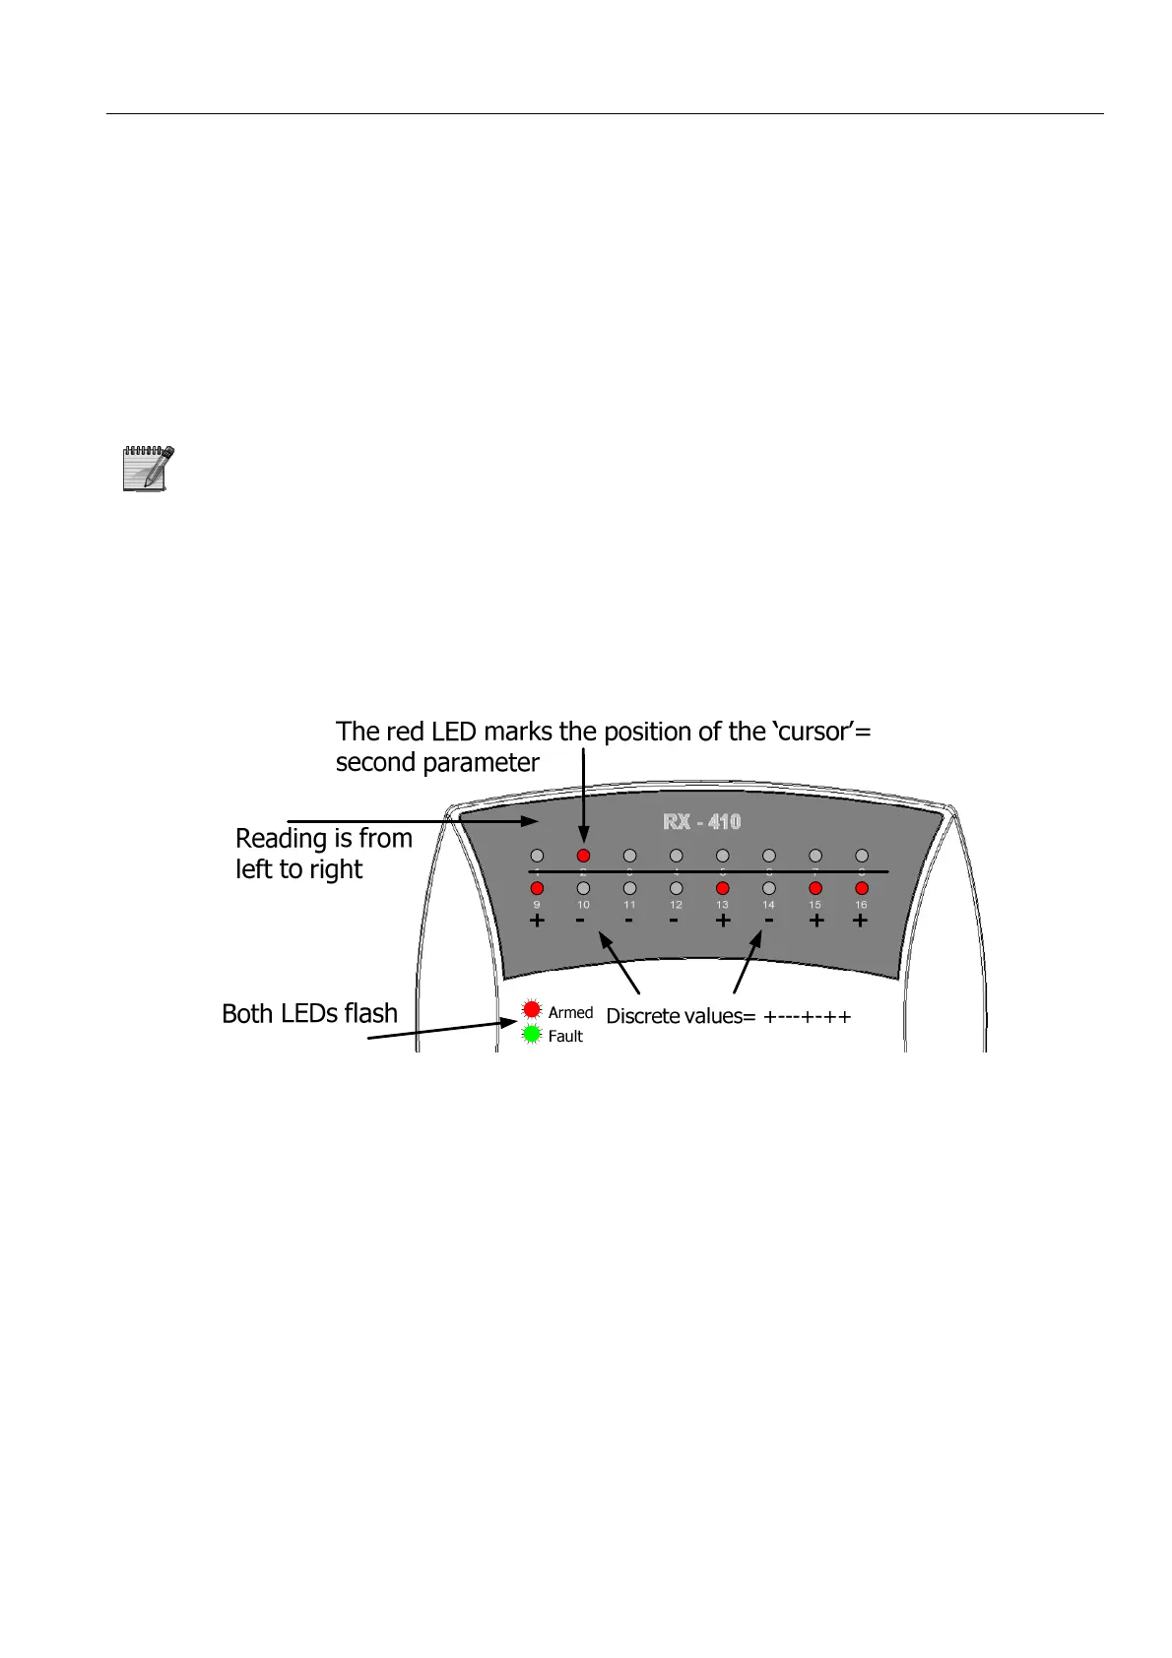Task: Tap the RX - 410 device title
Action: [702, 822]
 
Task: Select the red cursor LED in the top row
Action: [583, 856]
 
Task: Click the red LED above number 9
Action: [537, 888]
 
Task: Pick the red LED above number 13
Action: [722, 888]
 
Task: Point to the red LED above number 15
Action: [815, 888]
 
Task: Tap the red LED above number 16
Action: [862, 888]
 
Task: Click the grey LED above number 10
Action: [583, 888]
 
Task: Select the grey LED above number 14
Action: [768, 888]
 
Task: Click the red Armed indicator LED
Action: [532, 1009]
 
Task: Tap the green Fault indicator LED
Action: [532, 1035]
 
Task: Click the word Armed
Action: [570, 1012]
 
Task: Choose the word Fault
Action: [565, 1036]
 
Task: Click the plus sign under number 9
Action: [537, 922]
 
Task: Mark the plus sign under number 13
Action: [722, 922]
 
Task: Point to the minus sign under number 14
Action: [768, 922]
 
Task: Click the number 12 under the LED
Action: [676, 905]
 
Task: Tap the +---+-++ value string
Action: [807, 1017]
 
